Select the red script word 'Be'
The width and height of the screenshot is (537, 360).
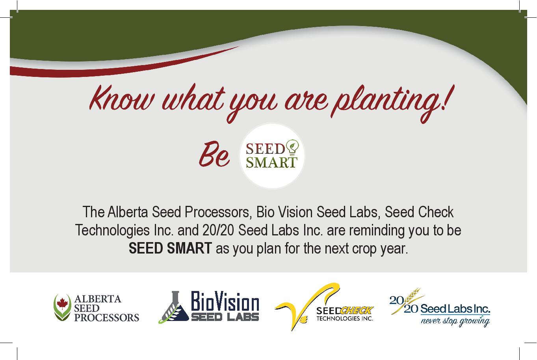pos(214,154)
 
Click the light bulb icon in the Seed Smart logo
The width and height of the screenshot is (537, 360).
pos(292,147)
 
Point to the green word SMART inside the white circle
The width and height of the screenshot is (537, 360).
pos(271,162)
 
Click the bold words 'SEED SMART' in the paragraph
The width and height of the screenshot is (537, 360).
pos(170,248)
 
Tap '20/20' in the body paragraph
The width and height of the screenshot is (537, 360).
pos(218,230)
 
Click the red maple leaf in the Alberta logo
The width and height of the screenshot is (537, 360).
pos(63,304)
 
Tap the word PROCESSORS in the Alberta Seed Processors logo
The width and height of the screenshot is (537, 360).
pos(107,318)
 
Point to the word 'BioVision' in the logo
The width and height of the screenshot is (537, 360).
pos(225,301)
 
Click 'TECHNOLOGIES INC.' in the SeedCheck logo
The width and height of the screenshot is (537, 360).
pos(345,319)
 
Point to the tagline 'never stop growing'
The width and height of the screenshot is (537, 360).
pos(455,321)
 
